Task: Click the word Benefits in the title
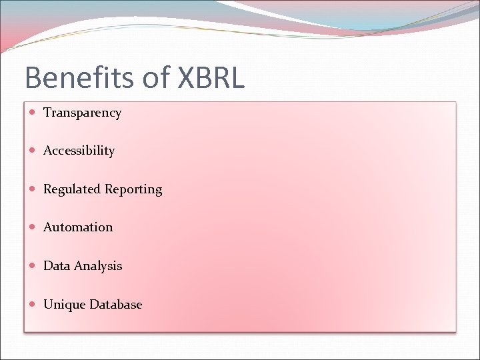(79, 78)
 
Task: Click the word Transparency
(82, 113)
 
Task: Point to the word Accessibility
(79, 151)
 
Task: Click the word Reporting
(132, 190)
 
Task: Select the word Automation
(78, 227)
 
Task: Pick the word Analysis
(98, 266)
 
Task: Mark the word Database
(116, 305)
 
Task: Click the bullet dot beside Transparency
(33, 113)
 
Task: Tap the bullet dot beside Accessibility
(33, 151)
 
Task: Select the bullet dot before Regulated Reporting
(33, 189)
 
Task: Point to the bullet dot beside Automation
(33, 227)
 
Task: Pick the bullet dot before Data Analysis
(33, 266)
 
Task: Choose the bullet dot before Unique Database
(33, 305)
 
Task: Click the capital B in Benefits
(33, 78)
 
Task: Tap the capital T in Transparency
(47, 112)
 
